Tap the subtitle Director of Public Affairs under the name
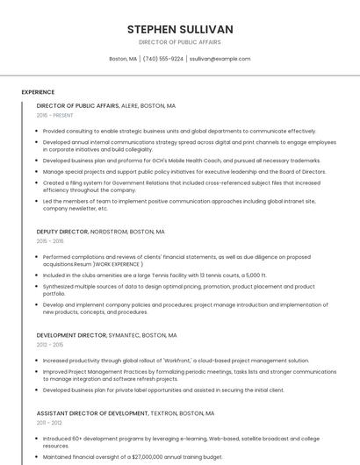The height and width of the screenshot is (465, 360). tap(179, 41)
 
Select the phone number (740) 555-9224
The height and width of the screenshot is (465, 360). tap(163, 59)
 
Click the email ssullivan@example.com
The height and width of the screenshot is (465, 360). tap(220, 59)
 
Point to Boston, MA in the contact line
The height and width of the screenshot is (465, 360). tap(123, 59)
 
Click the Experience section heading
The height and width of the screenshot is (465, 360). tap(38, 92)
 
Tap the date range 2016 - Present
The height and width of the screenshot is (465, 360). tap(55, 115)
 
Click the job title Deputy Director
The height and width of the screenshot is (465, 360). tap(62, 232)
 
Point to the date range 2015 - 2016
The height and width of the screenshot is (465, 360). tap(50, 241)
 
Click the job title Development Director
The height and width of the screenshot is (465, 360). tap(71, 335)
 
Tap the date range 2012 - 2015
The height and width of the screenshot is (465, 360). tap(50, 345)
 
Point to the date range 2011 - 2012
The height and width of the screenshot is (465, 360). tap(50, 422)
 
